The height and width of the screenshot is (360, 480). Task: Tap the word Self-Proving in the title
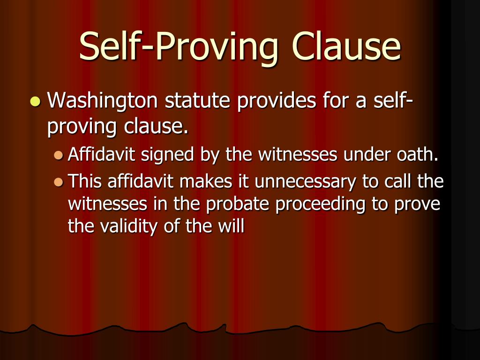(x=180, y=47)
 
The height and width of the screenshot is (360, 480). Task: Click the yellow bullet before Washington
(x=35, y=101)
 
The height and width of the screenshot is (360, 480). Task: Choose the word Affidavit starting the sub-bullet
(x=97, y=155)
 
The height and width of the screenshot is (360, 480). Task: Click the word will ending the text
(x=232, y=226)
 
